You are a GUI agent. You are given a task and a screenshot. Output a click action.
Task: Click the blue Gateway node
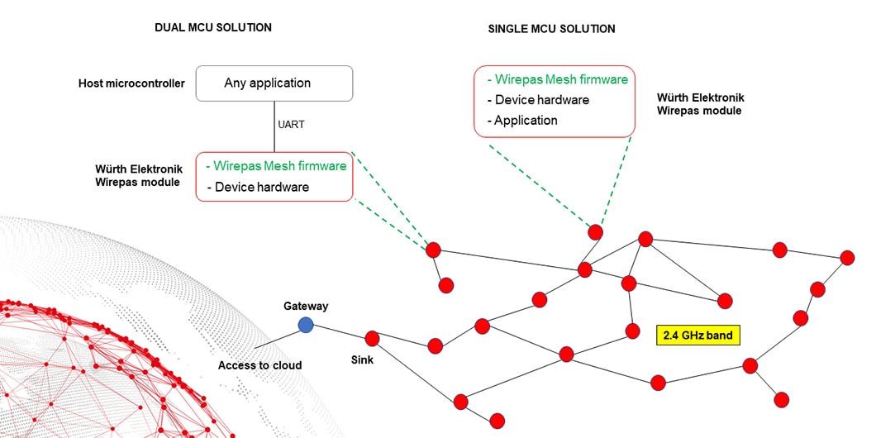(x=306, y=325)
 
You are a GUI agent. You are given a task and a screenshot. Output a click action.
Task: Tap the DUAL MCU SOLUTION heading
(x=213, y=27)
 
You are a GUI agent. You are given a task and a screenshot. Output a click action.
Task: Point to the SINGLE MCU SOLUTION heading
(x=551, y=29)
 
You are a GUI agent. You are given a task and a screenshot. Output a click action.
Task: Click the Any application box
(x=274, y=83)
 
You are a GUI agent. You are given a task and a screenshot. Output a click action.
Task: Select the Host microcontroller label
(x=131, y=83)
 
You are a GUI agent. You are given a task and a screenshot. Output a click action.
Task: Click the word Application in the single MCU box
(x=526, y=120)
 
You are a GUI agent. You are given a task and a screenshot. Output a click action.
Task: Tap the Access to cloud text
(x=259, y=365)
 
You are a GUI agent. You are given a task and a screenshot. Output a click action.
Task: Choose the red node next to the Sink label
(x=372, y=338)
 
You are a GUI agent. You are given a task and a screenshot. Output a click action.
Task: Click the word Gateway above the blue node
(x=306, y=306)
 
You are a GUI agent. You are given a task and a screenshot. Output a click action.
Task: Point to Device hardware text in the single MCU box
(x=541, y=100)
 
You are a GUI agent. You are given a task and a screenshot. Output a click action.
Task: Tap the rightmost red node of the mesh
(x=847, y=258)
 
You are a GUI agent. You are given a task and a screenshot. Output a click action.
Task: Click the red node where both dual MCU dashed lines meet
(x=432, y=250)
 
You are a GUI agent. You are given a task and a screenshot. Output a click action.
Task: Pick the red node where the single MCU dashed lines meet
(x=595, y=231)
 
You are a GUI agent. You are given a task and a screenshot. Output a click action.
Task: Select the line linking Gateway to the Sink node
(x=339, y=331)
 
